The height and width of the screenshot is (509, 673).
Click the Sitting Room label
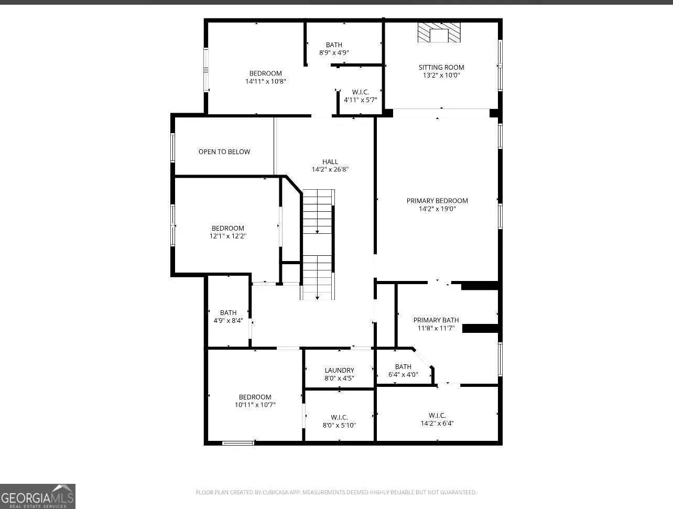click(441, 68)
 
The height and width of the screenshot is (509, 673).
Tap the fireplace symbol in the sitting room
click(439, 33)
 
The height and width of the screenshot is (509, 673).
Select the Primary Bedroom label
click(437, 201)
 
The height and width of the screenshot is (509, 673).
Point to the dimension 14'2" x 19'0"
click(437, 209)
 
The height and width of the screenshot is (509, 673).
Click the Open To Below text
click(224, 152)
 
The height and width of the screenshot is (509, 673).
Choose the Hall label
click(330, 161)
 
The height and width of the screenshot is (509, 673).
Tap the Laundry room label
click(339, 371)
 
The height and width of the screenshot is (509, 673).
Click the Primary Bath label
click(436, 320)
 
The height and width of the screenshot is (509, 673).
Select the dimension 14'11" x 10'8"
click(266, 81)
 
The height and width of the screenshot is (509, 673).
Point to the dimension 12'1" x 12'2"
click(228, 236)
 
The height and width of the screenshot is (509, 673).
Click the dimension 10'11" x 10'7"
click(255, 405)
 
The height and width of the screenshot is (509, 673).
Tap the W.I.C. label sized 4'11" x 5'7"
click(360, 92)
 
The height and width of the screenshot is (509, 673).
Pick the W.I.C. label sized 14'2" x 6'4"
click(437, 416)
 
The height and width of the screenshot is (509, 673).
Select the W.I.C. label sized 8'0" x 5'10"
click(339, 417)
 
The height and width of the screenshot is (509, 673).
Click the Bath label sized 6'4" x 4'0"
click(403, 367)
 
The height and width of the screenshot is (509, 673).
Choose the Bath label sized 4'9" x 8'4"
click(228, 313)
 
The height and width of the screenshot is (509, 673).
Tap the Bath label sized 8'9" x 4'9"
click(334, 45)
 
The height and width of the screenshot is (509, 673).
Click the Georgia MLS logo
click(37, 496)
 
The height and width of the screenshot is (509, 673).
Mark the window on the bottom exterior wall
click(238, 443)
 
